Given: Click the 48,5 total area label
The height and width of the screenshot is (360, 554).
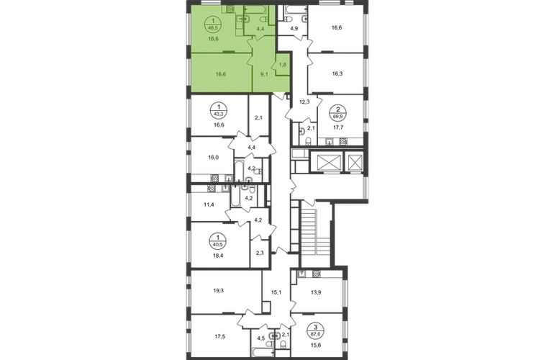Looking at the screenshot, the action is tap(213, 27).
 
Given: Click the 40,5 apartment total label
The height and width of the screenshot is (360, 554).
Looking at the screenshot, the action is tap(218, 243).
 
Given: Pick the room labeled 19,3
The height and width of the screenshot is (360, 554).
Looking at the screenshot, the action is tap(219, 291).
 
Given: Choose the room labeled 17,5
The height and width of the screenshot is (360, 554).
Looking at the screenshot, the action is tap(219, 336).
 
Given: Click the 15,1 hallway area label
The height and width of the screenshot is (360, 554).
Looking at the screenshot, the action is tap(276, 292).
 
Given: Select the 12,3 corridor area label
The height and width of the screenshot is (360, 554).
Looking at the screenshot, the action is tap(304, 102).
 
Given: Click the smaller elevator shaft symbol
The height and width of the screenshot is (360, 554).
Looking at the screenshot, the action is tap(354, 163).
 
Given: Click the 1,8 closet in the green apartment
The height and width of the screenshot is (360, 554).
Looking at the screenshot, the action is tap(283, 65).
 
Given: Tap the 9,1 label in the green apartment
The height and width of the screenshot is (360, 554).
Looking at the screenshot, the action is tap(264, 74).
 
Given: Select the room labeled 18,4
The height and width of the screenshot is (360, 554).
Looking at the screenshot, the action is tap(218, 254).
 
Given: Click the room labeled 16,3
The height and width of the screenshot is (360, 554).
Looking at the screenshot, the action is tap(337, 74).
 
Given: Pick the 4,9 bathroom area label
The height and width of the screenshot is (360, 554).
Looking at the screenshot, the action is tap(293, 28).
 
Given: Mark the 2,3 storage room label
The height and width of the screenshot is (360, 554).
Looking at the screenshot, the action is tap(259, 253).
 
